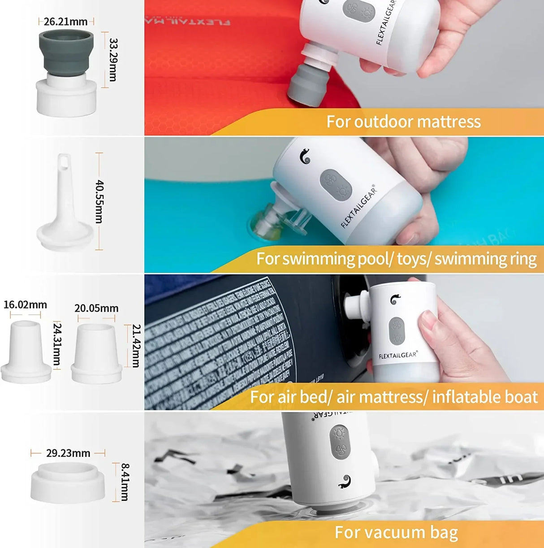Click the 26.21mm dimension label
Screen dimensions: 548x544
pos(65,22)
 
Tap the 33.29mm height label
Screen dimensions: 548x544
pos(113,59)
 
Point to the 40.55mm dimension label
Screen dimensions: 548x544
pos(99,201)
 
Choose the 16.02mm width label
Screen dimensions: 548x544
pos(25,305)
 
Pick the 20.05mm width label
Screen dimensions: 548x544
pos(96,309)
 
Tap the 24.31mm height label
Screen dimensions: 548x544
pos(57,344)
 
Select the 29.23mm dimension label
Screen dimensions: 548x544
pos(68,453)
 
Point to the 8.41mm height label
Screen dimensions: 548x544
pos(125,482)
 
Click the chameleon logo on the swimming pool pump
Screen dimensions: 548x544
pos(305,156)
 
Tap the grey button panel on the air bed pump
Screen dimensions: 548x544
pos(397,331)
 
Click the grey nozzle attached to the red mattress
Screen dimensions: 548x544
pos(308,85)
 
